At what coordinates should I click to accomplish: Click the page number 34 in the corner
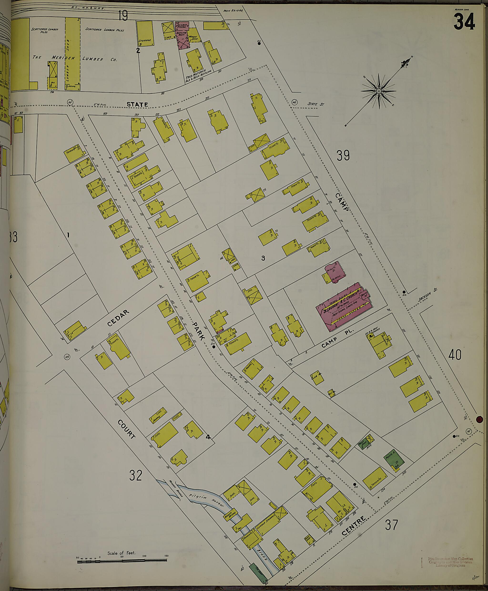[464, 22]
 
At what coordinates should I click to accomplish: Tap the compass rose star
[378, 91]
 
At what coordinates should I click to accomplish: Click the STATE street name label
[137, 104]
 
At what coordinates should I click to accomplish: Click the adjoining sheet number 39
[343, 155]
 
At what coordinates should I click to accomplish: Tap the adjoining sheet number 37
[391, 525]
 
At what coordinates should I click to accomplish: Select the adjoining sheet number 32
[136, 475]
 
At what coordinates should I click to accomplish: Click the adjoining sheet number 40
[455, 355]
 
